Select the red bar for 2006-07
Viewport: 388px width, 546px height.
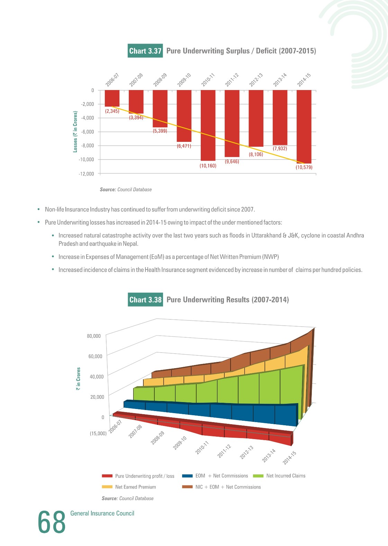(x=112, y=98)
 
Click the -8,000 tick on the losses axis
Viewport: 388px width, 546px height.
(x=88, y=146)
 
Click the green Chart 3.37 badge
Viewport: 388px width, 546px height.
(x=145, y=51)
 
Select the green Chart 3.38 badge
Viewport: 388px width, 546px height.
(x=145, y=300)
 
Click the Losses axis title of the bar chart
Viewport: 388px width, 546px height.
(x=75, y=131)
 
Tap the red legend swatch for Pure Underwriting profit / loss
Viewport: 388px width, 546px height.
(x=107, y=476)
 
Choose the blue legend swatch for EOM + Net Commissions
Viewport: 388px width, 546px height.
(x=187, y=476)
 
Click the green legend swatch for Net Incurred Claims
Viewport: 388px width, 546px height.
(x=258, y=476)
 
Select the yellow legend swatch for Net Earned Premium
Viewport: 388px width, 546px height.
(x=107, y=487)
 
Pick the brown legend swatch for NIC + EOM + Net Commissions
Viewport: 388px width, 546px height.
(x=187, y=487)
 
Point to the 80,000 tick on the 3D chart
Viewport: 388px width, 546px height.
(x=94, y=336)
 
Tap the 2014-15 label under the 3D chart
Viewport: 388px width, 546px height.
(x=289, y=458)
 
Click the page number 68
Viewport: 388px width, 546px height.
(x=52, y=522)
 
